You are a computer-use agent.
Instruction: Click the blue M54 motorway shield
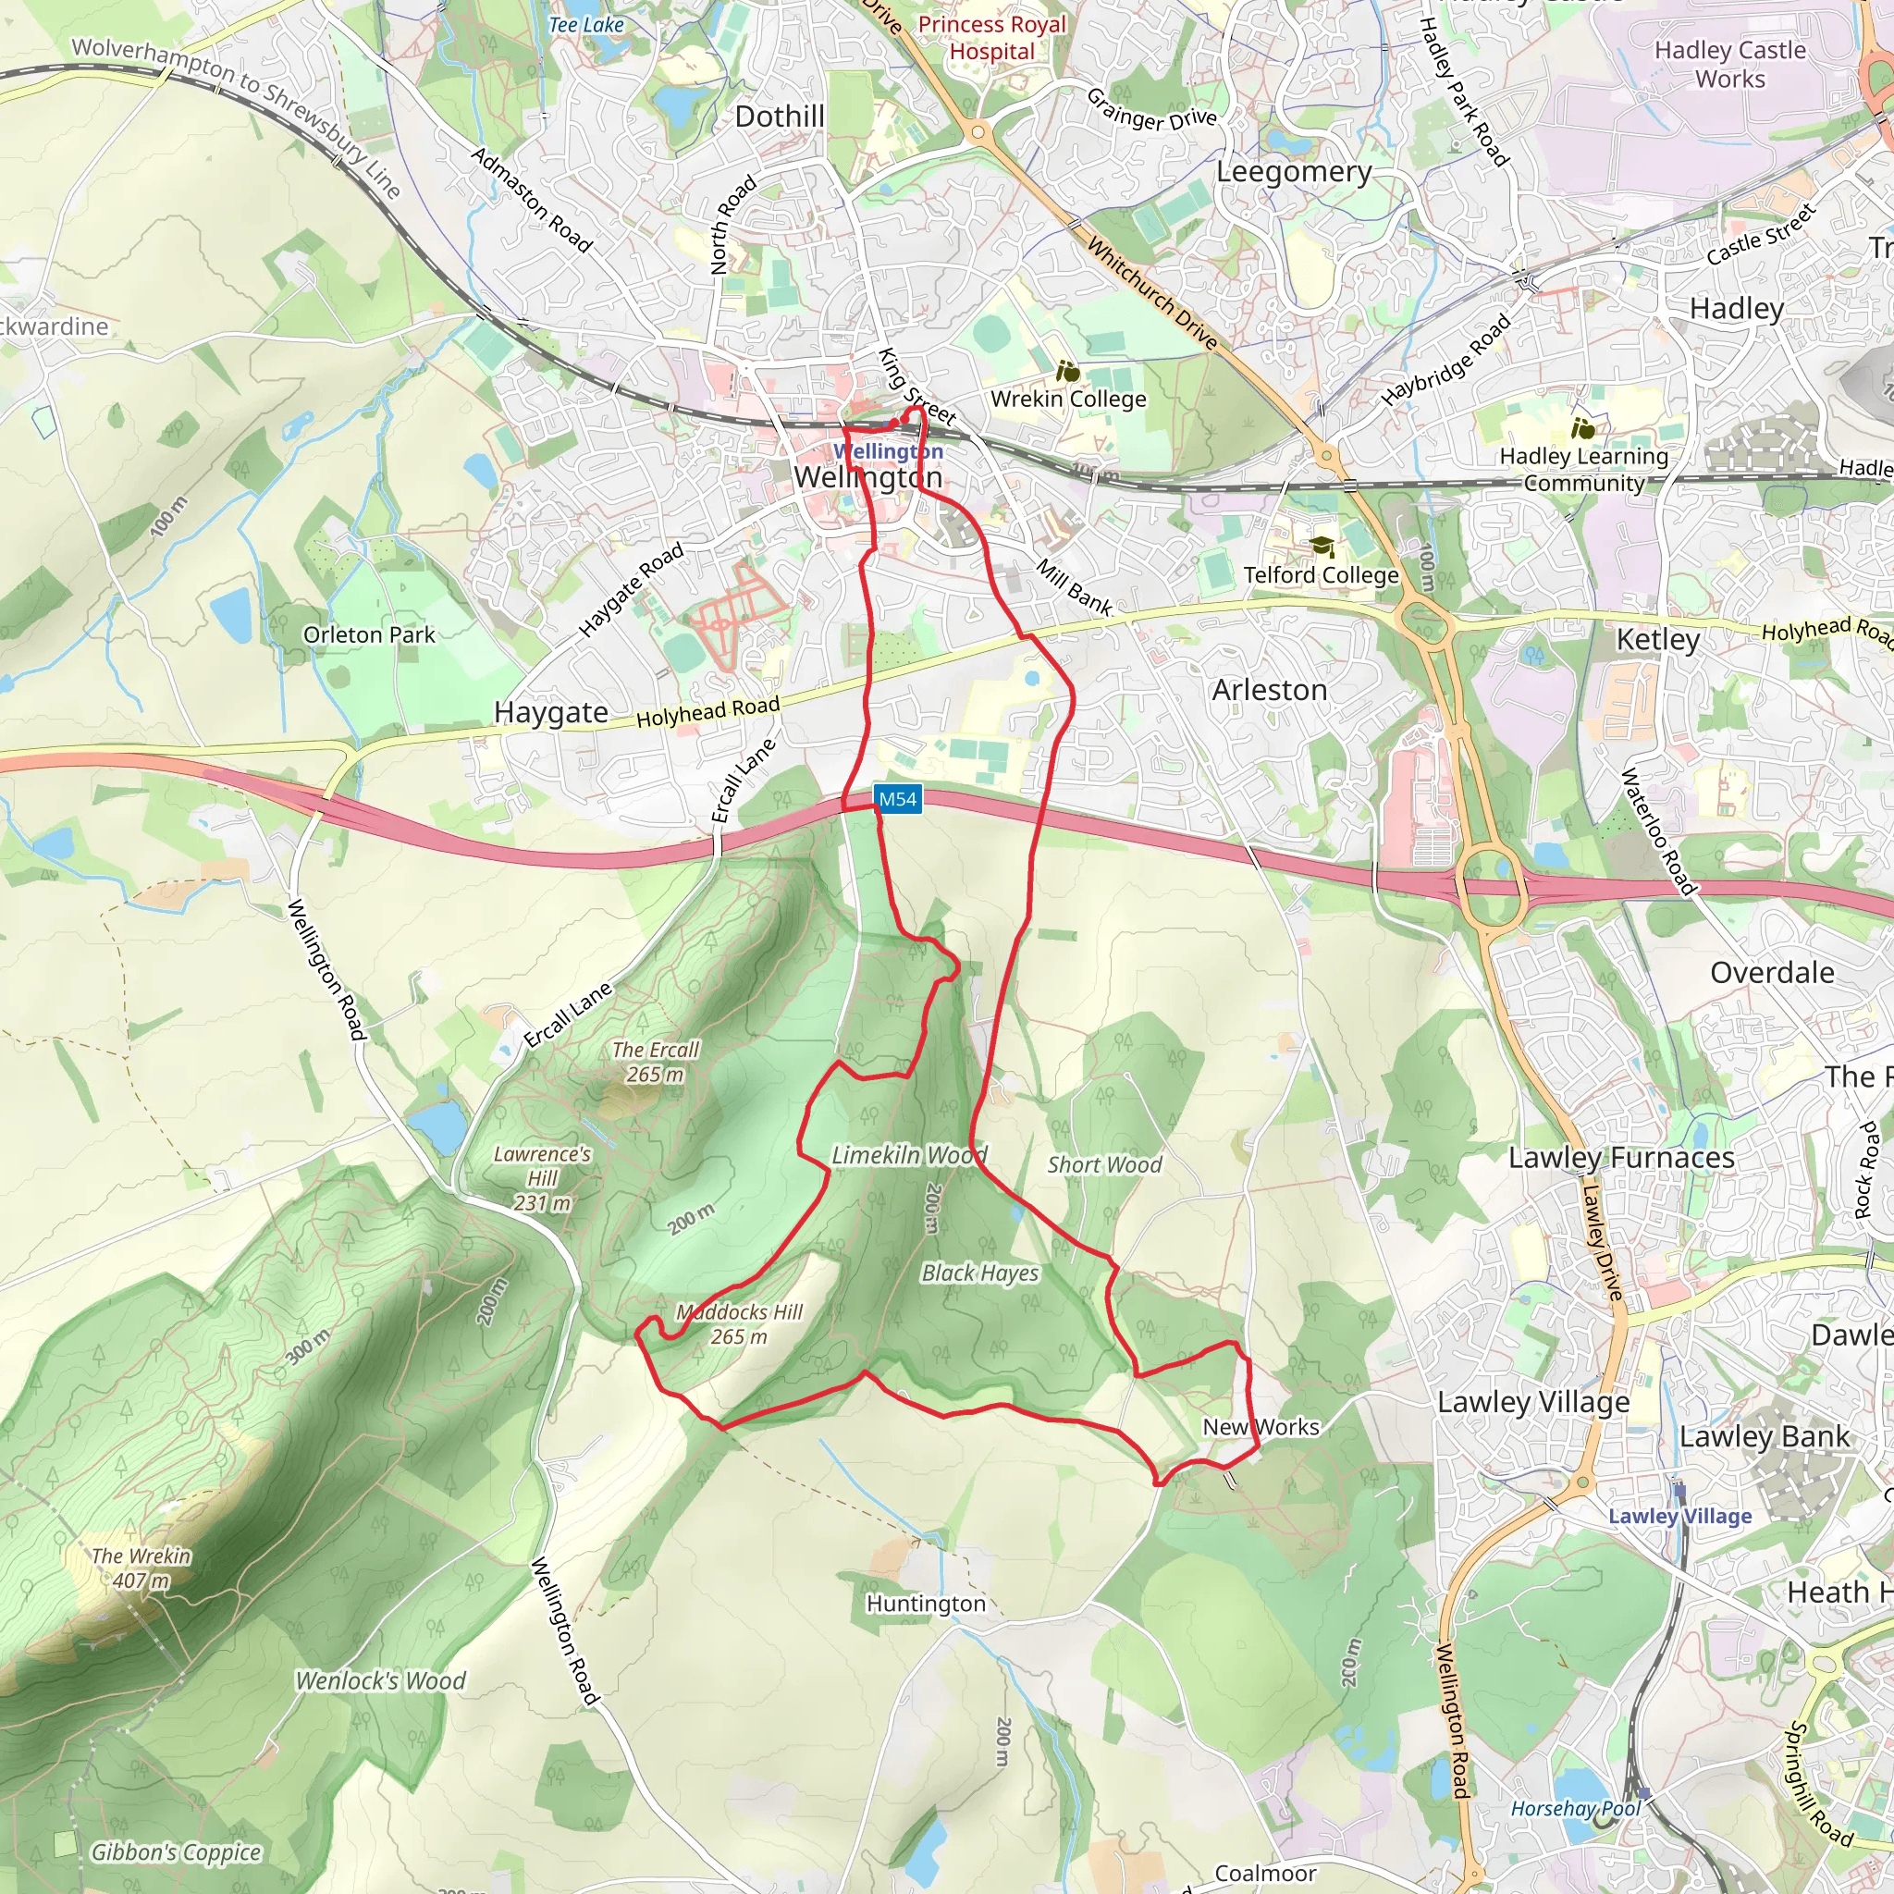point(897,799)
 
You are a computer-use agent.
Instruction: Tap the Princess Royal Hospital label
point(991,37)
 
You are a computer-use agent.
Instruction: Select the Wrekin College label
point(1067,399)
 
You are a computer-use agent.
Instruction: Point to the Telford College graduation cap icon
point(1322,546)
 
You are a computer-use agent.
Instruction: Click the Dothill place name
point(780,117)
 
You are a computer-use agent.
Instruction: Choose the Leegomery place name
point(1293,173)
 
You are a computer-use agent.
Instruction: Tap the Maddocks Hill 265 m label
point(738,1323)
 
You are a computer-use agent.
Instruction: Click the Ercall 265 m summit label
point(655,1062)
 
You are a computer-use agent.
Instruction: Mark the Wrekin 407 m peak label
point(141,1568)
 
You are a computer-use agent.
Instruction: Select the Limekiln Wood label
point(908,1155)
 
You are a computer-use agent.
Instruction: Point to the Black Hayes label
point(979,1273)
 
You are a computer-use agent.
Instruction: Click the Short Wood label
point(1104,1164)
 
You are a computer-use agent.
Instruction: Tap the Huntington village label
point(926,1604)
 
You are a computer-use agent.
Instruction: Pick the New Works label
point(1261,1427)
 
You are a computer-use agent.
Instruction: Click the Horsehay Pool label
point(1574,1809)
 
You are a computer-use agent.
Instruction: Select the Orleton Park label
point(369,635)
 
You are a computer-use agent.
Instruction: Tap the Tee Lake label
point(585,25)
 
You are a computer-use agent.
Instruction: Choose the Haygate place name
point(550,712)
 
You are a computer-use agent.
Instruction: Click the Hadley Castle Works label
point(1729,64)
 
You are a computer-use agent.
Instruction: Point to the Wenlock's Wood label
point(380,1681)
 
